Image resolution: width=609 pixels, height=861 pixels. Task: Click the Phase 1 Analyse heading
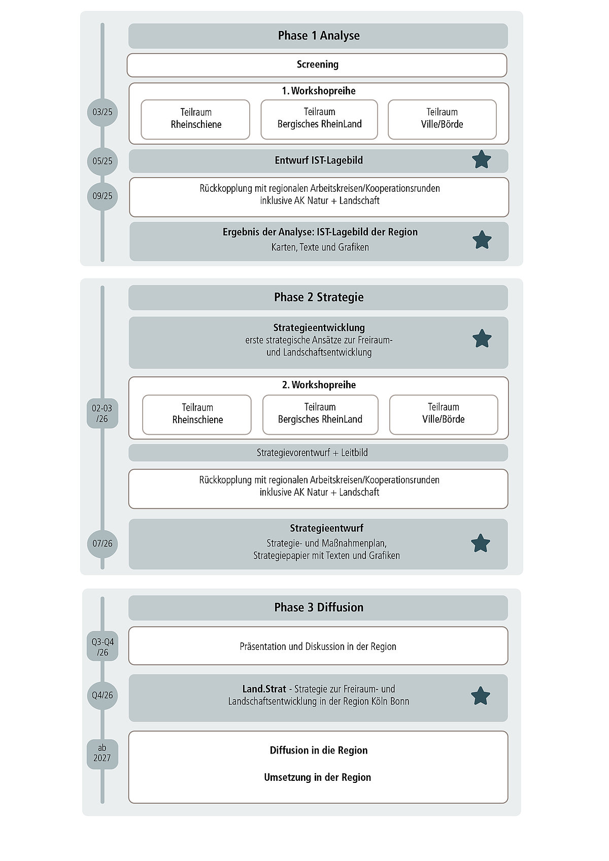(318, 36)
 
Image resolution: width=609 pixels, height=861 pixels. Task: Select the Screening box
(317, 65)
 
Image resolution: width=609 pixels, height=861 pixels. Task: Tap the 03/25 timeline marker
(103, 112)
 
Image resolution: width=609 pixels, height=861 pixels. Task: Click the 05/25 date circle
(103, 161)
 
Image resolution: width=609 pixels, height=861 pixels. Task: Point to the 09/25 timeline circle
(103, 196)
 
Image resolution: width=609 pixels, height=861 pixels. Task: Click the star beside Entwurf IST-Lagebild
(481, 160)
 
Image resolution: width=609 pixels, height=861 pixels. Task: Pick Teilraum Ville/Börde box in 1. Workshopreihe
(442, 119)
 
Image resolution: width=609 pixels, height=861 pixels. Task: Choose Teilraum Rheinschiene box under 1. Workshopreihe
(195, 119)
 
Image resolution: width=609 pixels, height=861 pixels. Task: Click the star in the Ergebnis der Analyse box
(482, 240)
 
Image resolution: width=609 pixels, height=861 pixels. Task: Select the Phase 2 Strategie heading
(318, 297)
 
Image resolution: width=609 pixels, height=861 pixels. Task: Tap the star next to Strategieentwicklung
(482, 338)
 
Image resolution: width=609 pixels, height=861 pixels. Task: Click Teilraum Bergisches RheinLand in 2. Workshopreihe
(320, 415)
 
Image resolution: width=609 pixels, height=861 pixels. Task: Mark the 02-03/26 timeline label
(103, 414)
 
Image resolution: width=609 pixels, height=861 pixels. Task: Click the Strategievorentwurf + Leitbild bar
(318, 453)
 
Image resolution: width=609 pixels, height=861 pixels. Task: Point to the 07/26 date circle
(103, 543)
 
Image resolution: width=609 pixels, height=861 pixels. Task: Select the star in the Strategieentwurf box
(480, 543)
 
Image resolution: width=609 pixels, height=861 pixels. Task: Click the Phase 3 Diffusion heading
(318, 607)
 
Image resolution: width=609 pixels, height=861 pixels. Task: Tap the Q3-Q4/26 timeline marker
(103, 647)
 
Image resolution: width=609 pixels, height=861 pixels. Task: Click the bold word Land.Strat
(264, 689)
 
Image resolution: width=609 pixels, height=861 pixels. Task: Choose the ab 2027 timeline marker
(102, 753)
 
